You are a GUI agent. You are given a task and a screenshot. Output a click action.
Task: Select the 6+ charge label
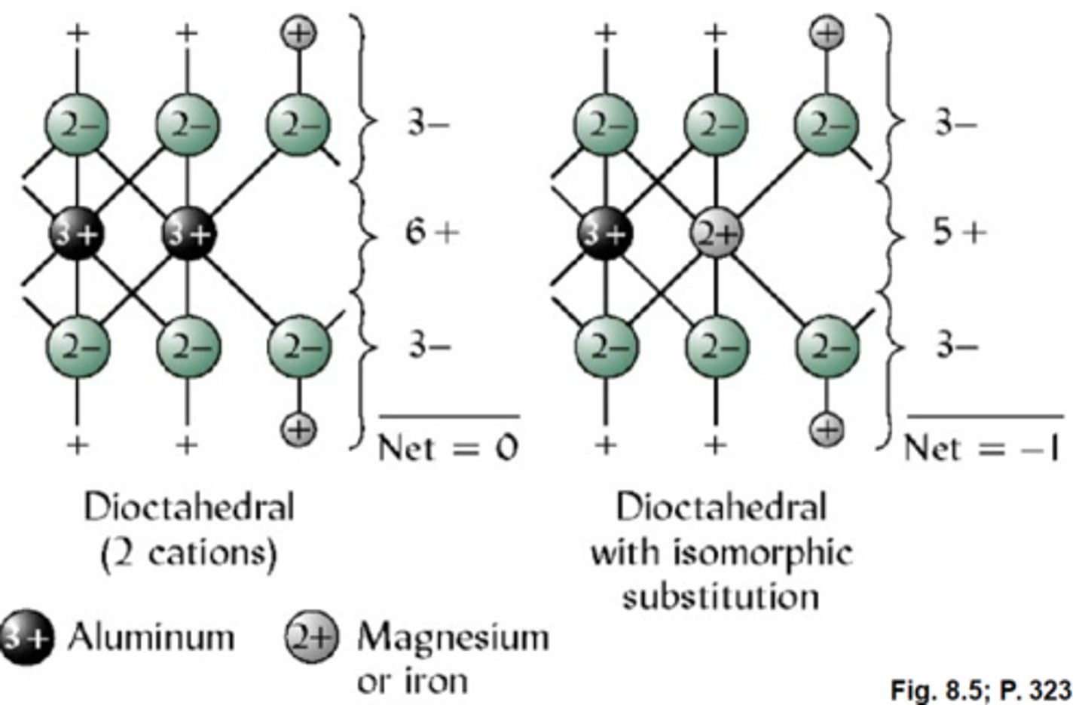(x=431, y=233)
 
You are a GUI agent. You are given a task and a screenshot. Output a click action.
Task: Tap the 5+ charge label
(x=959, y=233)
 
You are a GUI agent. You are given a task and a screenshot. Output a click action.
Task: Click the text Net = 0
(x=448, y=448)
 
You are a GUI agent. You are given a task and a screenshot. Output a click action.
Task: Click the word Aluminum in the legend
(x=151, y=637)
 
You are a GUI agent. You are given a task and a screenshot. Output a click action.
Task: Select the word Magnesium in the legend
(x=453, y=637)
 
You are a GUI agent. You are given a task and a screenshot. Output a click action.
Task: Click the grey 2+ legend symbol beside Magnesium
(x=311, y=638)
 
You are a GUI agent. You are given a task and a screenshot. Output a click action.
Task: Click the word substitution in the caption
(x=720, y=597)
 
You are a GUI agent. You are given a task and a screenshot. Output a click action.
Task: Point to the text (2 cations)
(x=188, y=554)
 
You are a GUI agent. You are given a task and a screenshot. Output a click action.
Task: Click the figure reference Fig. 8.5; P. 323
(x=980, y=689)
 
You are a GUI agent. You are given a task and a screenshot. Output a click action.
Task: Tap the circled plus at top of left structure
(x=299, y=32)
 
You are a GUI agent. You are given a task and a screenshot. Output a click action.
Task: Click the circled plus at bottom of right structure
(x=827, y=429)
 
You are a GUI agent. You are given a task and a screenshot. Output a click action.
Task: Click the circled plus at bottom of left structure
(x=299, y=429)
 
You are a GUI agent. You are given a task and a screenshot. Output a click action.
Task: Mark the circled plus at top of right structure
(x=827, y=32)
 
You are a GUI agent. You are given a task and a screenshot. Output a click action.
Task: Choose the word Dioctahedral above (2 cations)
(x=188, y=507)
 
